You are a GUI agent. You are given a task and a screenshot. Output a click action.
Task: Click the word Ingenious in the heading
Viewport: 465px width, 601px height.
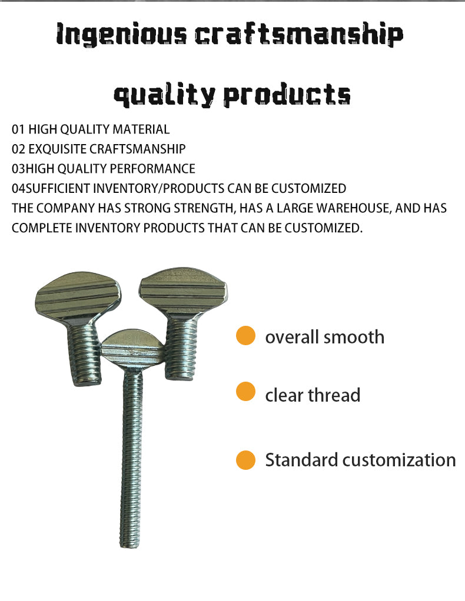(121, 34)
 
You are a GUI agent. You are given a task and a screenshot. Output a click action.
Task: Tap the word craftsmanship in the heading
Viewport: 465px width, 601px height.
(299, 34)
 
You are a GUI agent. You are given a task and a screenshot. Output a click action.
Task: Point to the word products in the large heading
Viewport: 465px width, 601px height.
(287, 94)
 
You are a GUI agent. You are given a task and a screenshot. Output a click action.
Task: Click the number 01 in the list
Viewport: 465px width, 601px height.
(18, 129)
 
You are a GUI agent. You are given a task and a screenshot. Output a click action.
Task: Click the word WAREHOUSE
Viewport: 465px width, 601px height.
(354, 208)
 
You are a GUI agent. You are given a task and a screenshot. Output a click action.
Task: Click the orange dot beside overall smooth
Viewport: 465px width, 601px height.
(245, 336)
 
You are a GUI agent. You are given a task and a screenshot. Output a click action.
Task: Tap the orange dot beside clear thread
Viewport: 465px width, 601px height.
(245, 392)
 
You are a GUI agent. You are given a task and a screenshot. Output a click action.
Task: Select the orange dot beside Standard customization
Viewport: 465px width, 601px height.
(245, 459)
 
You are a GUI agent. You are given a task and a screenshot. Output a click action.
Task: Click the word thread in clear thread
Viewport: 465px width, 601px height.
(334, 395)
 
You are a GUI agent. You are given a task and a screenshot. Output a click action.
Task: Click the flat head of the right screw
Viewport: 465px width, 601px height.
(183, 291)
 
